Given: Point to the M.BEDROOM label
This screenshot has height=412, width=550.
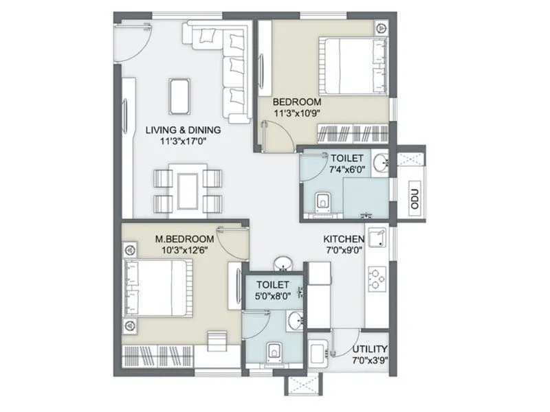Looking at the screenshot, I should tap(184, 239).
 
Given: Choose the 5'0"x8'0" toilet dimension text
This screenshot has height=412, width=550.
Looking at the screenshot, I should tap(272, 297).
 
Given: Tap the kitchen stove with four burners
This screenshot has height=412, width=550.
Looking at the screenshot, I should tap(378, 277).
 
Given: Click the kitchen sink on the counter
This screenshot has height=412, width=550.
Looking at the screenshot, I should tap(377, 238).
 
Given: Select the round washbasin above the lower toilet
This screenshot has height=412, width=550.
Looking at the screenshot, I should tap(283, 264).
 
